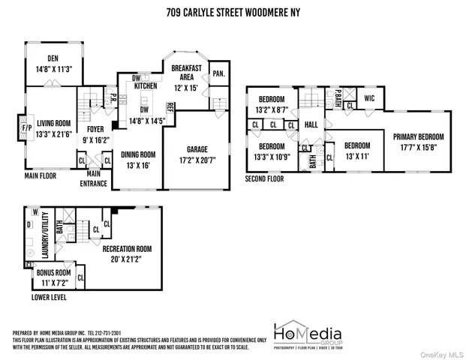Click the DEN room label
click(53, 58)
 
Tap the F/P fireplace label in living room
click(21, 128)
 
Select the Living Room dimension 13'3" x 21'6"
click(50, 134)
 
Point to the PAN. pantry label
click(218, 73)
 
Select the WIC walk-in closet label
click(368, 97)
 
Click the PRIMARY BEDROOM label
click(419, 137)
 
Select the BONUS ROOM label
click(53, 273)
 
